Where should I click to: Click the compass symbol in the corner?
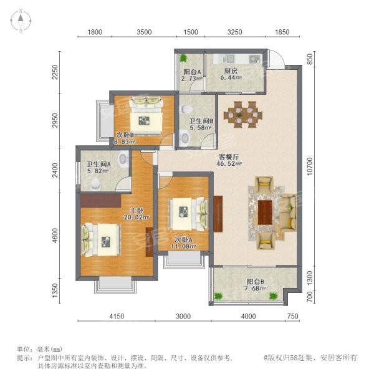(x=21, y=21)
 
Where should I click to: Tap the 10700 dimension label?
(x=310, y=166)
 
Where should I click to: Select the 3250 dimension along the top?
(x=235, y=32)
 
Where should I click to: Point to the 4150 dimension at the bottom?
(x=117, y=316)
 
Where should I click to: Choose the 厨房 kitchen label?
(x=231, y=71)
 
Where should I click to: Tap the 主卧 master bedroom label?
(x=137, y=211)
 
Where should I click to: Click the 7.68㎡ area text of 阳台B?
(x=255, y=289)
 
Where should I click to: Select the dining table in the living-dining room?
(x=243, y=115)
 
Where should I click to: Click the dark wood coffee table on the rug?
(x=265, y=213)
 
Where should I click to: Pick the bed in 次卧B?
(x=146, y=115)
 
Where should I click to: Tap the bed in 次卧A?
(x=188, y=214)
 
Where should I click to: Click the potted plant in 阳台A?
(x=183, y=58)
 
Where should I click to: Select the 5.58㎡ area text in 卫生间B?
(x=200, y=128)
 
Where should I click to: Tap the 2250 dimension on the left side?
(x=55, y=72)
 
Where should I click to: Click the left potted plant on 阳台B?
(x=218, y=296)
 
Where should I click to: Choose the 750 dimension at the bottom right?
(x=292, y=316)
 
